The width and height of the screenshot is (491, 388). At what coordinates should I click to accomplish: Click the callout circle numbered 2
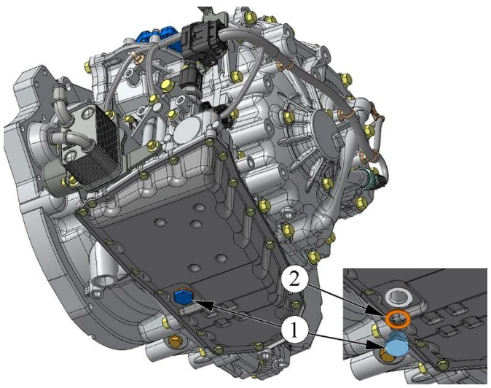pos(294,280)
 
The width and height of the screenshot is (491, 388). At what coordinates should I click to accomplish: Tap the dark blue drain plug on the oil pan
pos(182,296)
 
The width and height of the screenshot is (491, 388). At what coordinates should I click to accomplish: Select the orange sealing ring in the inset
pos(398,319)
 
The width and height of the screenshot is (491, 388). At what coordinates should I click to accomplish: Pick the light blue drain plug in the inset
pos(396,346)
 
